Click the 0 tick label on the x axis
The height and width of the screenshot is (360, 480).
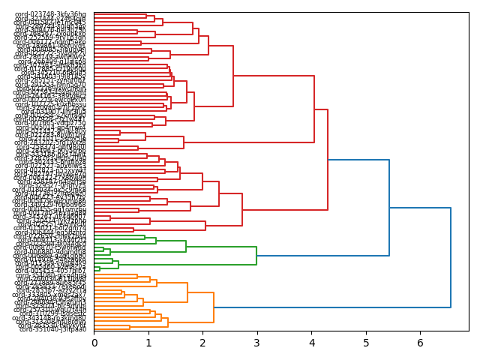(94, 343)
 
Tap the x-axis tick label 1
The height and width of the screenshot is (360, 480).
(148, 343)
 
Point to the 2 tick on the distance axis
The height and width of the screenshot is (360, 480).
(203, 343)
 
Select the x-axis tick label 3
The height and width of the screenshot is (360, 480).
(257, 343)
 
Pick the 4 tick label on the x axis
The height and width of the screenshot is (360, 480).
(312, 343)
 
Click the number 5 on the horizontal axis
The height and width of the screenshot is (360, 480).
(366, 343)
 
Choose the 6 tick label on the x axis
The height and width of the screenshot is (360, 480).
(421, 343)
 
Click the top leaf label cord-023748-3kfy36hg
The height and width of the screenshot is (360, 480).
(51, 14)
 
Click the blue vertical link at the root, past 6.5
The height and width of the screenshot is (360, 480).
(451, 257)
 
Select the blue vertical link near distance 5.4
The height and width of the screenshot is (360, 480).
(389, 208)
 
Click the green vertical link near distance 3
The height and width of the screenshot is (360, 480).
(256, 256)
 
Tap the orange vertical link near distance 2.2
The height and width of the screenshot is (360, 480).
(214, 307)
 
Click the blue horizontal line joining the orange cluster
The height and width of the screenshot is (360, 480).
(332, 307)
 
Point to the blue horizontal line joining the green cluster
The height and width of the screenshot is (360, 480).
(322, 256)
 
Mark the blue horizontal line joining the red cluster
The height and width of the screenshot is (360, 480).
(358, 160)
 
